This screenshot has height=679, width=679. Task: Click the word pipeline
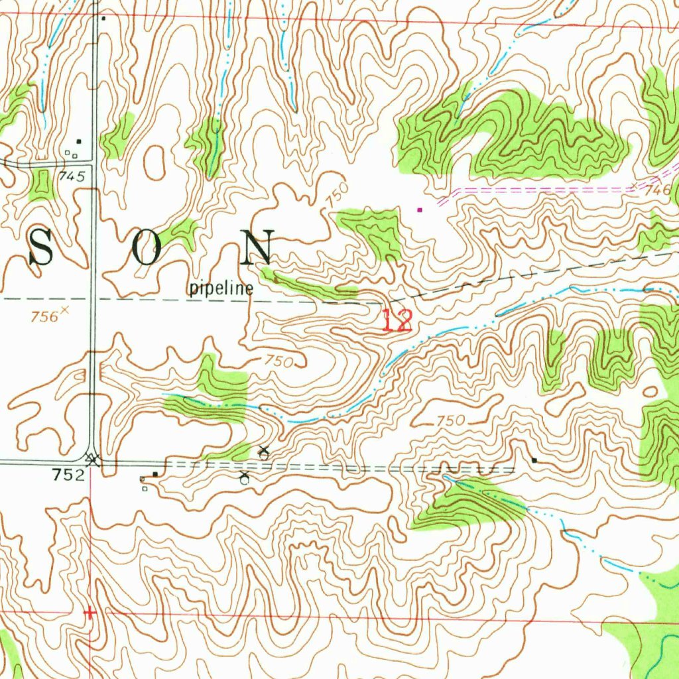(221, 288)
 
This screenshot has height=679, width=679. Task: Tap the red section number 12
(397, 321)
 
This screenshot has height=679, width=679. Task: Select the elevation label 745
(72, 176)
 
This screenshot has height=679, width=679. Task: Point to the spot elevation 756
(44, 317)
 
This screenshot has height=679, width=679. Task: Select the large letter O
(146, 249)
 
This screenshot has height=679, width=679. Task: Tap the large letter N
(258, 247)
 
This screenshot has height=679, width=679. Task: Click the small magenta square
(419, 210)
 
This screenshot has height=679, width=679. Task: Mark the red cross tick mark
(90, 613)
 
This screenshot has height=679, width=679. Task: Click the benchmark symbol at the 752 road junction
(92, 458)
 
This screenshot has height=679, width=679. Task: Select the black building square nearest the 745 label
(78, 141)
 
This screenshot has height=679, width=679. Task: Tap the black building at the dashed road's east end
(534, 460)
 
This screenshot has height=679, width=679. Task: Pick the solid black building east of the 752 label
(155, 474)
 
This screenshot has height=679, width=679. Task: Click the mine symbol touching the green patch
(264, 453)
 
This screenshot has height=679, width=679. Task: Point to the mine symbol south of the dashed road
(244, 478)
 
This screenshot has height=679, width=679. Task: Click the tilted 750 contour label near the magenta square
(337, 194)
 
